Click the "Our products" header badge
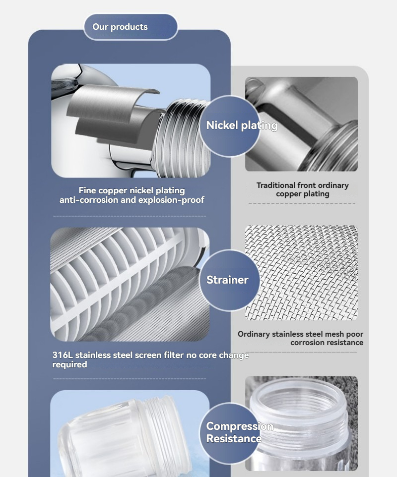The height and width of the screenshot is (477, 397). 131,27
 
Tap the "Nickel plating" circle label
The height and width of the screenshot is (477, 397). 230,126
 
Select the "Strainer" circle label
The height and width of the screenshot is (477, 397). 230,280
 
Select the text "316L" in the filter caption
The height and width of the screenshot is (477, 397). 62,355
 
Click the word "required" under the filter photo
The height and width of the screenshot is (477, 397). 69,364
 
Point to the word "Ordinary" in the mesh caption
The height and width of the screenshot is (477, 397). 254,334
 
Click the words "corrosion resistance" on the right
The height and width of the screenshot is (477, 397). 327,343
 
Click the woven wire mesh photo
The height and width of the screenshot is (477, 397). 301,273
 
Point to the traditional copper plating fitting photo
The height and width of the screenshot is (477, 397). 301,124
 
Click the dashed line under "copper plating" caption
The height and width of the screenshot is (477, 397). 302,203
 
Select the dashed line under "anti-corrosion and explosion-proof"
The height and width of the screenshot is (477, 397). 130,216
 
